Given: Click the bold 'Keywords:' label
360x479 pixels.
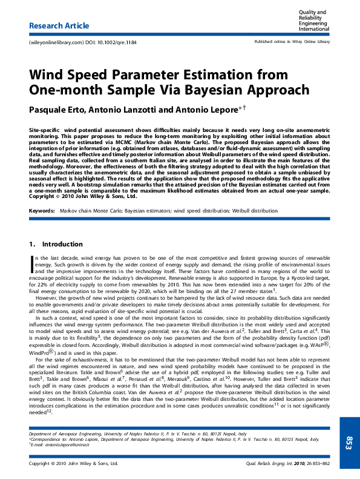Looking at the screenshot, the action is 42,211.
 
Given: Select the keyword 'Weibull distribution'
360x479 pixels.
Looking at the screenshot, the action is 255,211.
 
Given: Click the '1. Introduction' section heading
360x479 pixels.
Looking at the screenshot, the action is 56,245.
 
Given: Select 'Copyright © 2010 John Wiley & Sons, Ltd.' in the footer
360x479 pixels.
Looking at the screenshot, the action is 73,464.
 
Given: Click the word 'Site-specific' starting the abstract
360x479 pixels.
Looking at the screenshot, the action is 45,131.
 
